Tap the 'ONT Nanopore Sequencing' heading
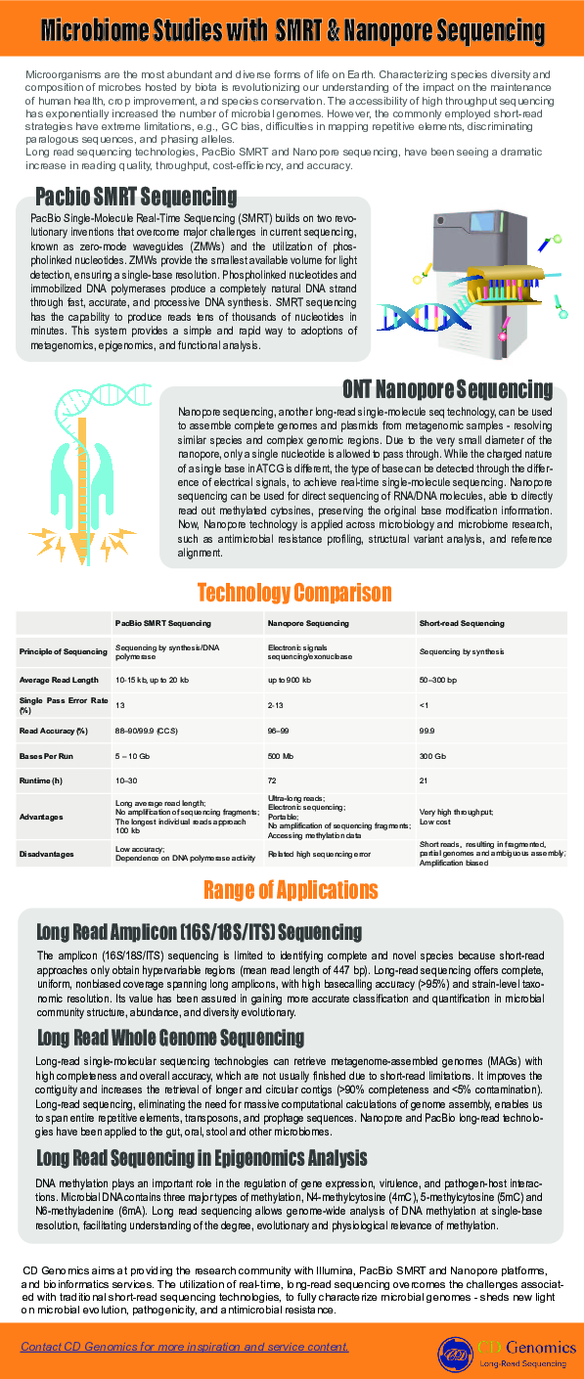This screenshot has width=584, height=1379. click(447, 389)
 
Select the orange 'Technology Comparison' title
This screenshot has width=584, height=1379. click(293, 594)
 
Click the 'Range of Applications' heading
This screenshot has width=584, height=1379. click(291, 890)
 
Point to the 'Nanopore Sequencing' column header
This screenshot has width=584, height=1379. click(308, 623)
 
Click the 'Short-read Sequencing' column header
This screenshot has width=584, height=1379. click(462, 623)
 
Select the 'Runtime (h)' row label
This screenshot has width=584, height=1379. click(40, 780)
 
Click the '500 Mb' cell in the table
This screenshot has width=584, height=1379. click(282, 757)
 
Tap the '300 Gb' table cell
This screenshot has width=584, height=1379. click(432, 757)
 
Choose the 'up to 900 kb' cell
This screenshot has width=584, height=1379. click(290, 679)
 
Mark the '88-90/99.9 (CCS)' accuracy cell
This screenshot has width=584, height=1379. click(148, 731)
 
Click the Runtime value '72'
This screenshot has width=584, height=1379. click(272, 780)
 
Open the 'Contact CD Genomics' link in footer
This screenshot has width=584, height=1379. click(184, 1347)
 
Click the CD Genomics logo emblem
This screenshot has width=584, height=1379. click(454, 1355)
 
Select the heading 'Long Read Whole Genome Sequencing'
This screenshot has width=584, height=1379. click(170, 1037)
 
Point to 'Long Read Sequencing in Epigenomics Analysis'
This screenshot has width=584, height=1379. click(202, 1159)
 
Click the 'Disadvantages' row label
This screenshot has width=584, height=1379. click(46, 854)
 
